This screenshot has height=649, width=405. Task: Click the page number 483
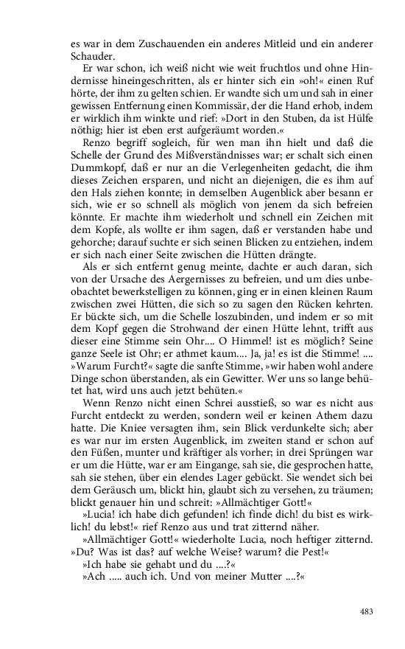(367, 611)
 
